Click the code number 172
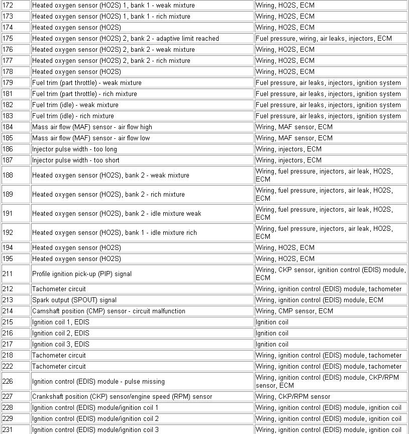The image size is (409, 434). pos(8,5)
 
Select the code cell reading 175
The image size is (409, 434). pos(8,38)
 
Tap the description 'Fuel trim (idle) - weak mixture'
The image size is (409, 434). pos(75,105)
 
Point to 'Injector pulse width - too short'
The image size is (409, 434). pos(76,160)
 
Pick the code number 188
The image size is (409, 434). pos(8,175)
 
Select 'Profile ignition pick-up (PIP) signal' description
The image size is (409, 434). pos(82,274)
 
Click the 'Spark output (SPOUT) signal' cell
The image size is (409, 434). pos(74,300)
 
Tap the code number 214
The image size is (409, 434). pos(8,311)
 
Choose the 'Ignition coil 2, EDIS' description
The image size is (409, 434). pos(61,333)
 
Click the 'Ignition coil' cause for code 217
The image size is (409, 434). pos(272,344)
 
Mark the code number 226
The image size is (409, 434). pos(8,381)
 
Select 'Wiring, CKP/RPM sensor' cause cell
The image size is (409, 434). pos(293,396)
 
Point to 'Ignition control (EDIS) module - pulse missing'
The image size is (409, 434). pos(98,381)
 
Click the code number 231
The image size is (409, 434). pos(8,429)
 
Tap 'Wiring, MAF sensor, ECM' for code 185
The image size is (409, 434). pos(294,138)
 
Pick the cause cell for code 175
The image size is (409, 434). pos(324,38)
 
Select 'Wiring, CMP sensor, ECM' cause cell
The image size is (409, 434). pos(294,311)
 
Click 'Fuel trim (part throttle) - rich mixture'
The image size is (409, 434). pos(84,94)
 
